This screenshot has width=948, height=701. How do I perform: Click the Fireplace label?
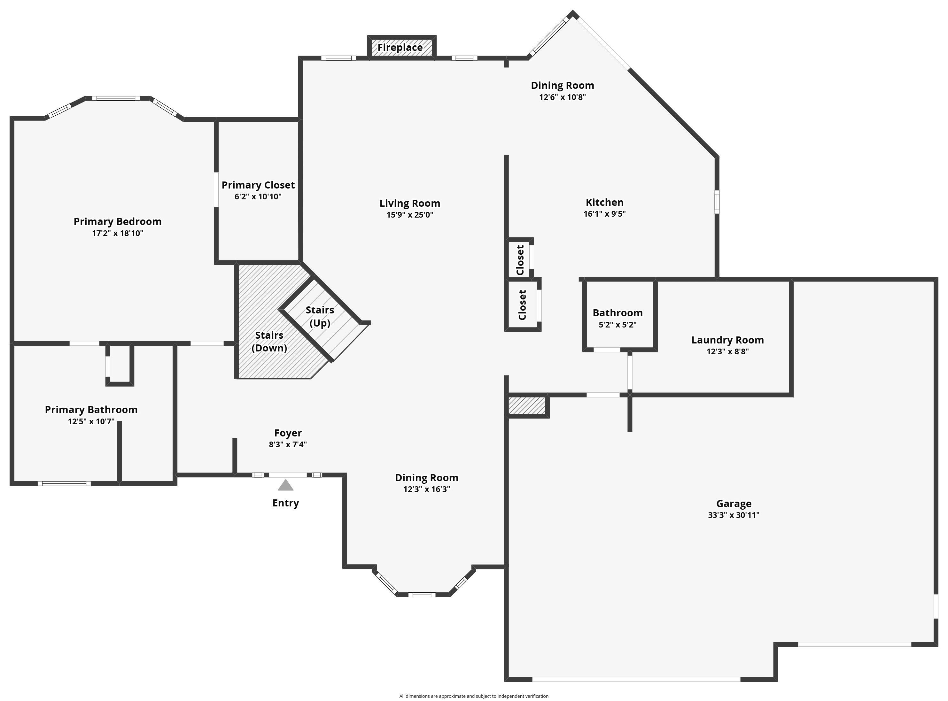400,48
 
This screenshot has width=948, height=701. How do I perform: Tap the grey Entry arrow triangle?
286,485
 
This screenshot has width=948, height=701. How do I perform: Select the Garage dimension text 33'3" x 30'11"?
734,515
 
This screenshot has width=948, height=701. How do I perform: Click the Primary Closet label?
258,185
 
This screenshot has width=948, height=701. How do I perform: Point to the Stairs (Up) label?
320,317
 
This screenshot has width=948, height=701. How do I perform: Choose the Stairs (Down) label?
269,342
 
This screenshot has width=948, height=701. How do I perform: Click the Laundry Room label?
728,340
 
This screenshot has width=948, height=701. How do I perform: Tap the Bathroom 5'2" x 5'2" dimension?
618,325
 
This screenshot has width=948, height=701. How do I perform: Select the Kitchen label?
604,202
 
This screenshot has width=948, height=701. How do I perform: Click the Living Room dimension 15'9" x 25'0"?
410,215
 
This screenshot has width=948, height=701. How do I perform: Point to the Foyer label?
288,433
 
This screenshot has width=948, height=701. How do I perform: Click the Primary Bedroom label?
118,221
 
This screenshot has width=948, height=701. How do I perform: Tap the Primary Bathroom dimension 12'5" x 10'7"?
91,422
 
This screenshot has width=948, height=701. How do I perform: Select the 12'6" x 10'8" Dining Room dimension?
563,97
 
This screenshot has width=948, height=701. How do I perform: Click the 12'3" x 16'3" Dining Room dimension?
427,489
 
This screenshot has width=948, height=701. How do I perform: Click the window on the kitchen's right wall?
717,202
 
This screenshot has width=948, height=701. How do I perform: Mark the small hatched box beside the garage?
527,406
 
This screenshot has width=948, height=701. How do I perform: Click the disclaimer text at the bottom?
474,696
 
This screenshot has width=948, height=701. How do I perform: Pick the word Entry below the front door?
286,503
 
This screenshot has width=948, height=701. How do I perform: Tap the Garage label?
734,504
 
